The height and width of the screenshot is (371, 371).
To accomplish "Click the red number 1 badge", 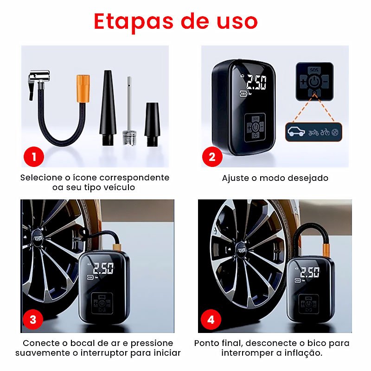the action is coord(34,157).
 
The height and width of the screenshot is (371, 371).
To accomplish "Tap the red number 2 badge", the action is coord(212,157).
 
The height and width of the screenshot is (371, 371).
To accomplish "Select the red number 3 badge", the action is coord(33,320).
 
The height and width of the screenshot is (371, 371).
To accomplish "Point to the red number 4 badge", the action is coord(211,320).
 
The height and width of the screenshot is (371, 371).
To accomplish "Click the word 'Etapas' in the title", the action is coord(134,22).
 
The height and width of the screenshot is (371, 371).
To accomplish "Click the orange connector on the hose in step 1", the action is coord(83,89).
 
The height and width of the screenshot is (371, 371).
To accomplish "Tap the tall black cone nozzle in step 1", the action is coord(108,108).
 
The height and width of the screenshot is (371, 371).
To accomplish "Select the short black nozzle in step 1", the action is coord(152,124).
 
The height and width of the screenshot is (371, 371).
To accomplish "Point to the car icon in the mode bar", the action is coord(296,132).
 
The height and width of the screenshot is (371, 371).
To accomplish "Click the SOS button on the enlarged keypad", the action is coord(314,70).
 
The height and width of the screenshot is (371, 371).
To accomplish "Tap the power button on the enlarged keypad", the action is coord(314,82).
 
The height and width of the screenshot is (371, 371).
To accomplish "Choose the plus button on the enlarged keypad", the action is coord(303,82).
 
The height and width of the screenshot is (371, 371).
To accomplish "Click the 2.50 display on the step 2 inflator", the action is coord(256,83).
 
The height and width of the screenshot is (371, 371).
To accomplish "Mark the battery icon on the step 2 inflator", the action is coord(243,94).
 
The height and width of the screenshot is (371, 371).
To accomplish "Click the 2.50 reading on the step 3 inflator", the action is coord(103,268).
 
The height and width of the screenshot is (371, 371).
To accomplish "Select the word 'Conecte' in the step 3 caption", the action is coord(38,343).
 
